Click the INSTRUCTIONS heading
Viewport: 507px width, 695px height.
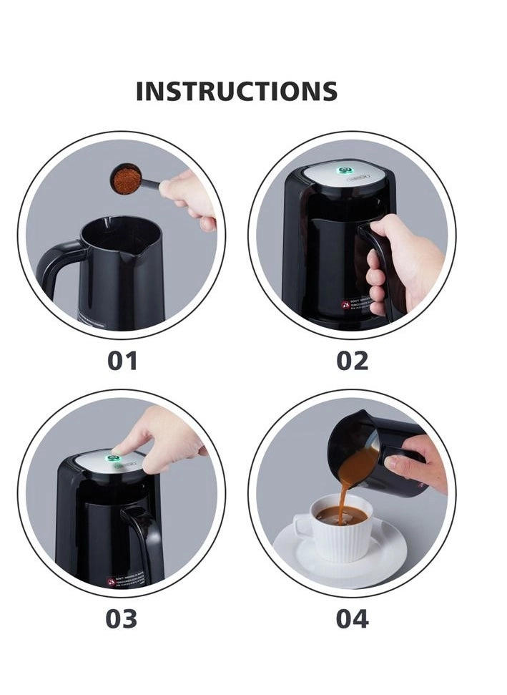[x=236, y=92]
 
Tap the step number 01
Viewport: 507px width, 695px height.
[x=122, y=361]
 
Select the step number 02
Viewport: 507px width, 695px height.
[x=352, y=361]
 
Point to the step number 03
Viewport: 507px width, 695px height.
[x=121, y=618]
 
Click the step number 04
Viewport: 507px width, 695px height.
[x=352, y=618]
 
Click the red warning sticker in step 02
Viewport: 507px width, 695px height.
[x=345, y=305]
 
